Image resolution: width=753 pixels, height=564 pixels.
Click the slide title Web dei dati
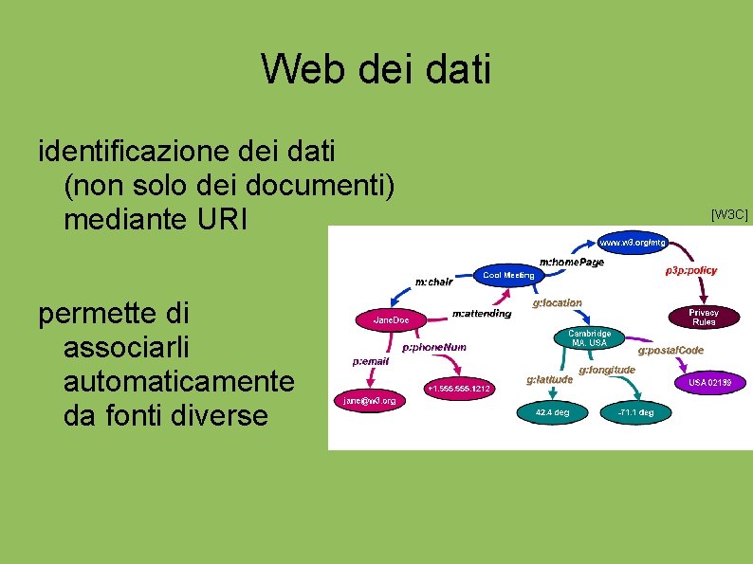(376, 68)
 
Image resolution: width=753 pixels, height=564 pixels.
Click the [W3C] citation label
(729, 215)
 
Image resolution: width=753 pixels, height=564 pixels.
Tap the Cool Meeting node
(509, 275)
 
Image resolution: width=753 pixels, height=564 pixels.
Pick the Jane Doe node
(391, 320)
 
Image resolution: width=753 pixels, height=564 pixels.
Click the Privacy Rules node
(703, 317)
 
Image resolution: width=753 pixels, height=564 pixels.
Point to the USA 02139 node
(710, 382)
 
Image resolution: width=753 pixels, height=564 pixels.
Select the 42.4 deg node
(552, 413)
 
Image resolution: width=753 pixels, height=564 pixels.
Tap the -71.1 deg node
(635, 413)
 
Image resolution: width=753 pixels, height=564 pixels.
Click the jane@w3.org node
(370, 401)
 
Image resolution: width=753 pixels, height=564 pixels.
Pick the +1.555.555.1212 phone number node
(458, 389)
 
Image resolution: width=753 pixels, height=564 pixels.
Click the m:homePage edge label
(571, 262)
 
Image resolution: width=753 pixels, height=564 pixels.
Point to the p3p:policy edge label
(691, 270)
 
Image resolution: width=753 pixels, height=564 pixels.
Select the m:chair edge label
(434, 281)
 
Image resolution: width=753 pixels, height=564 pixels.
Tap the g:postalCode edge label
(670, 351)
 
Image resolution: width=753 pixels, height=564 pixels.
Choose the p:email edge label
(371, 361)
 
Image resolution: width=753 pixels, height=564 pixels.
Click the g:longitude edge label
(607, 369)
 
